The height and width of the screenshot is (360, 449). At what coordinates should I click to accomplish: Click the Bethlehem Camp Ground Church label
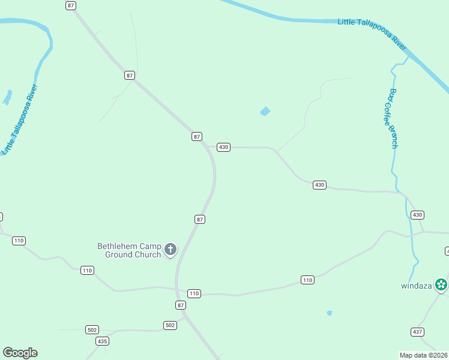[129, 250]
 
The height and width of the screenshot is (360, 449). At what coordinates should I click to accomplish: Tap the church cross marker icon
[170, 249]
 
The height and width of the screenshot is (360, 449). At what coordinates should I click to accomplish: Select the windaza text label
[417, 286]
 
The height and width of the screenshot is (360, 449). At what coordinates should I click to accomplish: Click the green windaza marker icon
[442, 284]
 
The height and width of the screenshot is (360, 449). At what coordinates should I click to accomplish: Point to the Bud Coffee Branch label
[393, 119]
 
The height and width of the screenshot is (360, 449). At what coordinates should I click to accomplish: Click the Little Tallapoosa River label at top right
[373, 32]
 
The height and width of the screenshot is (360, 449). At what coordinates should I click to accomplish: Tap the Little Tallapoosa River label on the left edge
[20, 120]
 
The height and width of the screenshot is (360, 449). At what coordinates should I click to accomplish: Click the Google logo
[20, 353]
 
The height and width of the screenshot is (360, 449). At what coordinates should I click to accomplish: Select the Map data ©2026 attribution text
[423, 355]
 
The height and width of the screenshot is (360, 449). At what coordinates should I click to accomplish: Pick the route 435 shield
[103, 341]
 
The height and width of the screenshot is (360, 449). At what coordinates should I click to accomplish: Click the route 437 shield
[418, 332]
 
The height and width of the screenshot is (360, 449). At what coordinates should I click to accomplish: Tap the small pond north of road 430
[265, 111]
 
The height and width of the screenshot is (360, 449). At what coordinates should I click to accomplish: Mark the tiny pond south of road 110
[329, 313]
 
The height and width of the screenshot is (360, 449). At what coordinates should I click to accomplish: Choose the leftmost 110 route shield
[19, 241]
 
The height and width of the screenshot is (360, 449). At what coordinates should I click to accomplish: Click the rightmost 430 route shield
[417, 215]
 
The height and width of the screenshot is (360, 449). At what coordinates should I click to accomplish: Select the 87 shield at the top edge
[71, 5]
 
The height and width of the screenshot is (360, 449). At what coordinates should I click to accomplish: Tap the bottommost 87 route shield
[181, 305]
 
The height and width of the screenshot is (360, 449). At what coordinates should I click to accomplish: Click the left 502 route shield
[92, 330]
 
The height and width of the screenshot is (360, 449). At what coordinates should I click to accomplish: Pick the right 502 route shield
[170, 325]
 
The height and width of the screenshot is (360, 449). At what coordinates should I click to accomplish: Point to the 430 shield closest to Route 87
[223, 147]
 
